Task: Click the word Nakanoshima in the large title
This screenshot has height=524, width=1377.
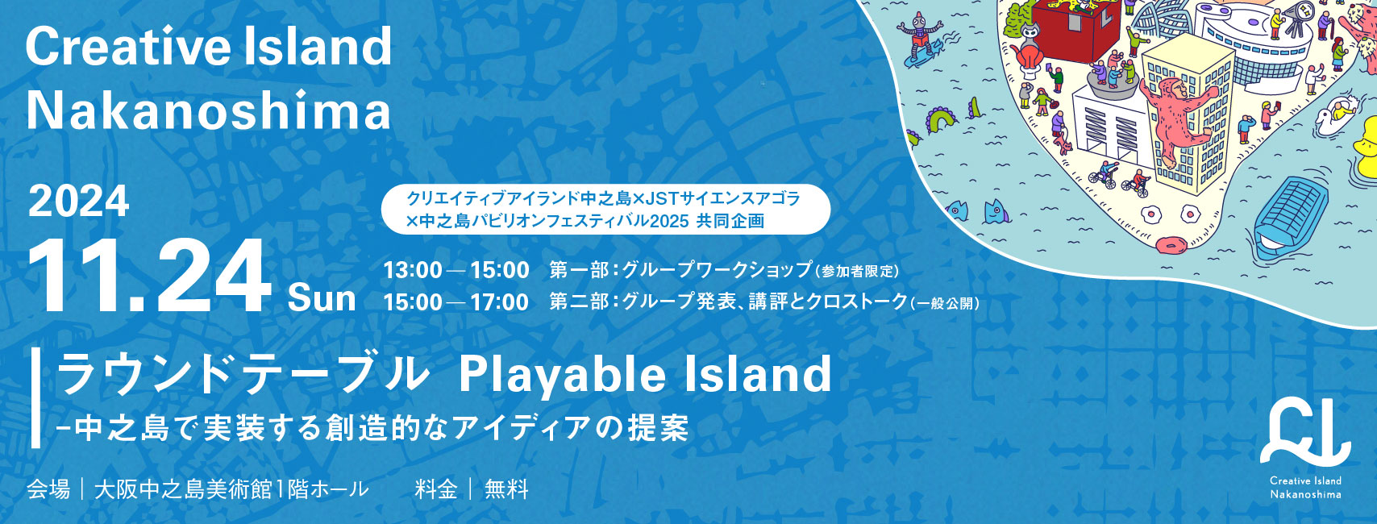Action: tap(208, 110)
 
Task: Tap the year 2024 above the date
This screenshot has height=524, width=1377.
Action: tap(79, 202)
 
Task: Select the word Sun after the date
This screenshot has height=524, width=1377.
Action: tap(322, 298)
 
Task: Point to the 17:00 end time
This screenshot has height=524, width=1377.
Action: tap(500, 302)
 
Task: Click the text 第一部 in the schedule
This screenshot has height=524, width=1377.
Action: tap(579, 270)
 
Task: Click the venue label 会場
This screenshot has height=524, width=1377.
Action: tap(48, 489)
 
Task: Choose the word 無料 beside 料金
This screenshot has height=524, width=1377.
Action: tap(506, 489)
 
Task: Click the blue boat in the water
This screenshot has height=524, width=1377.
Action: tap(1290, 218)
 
